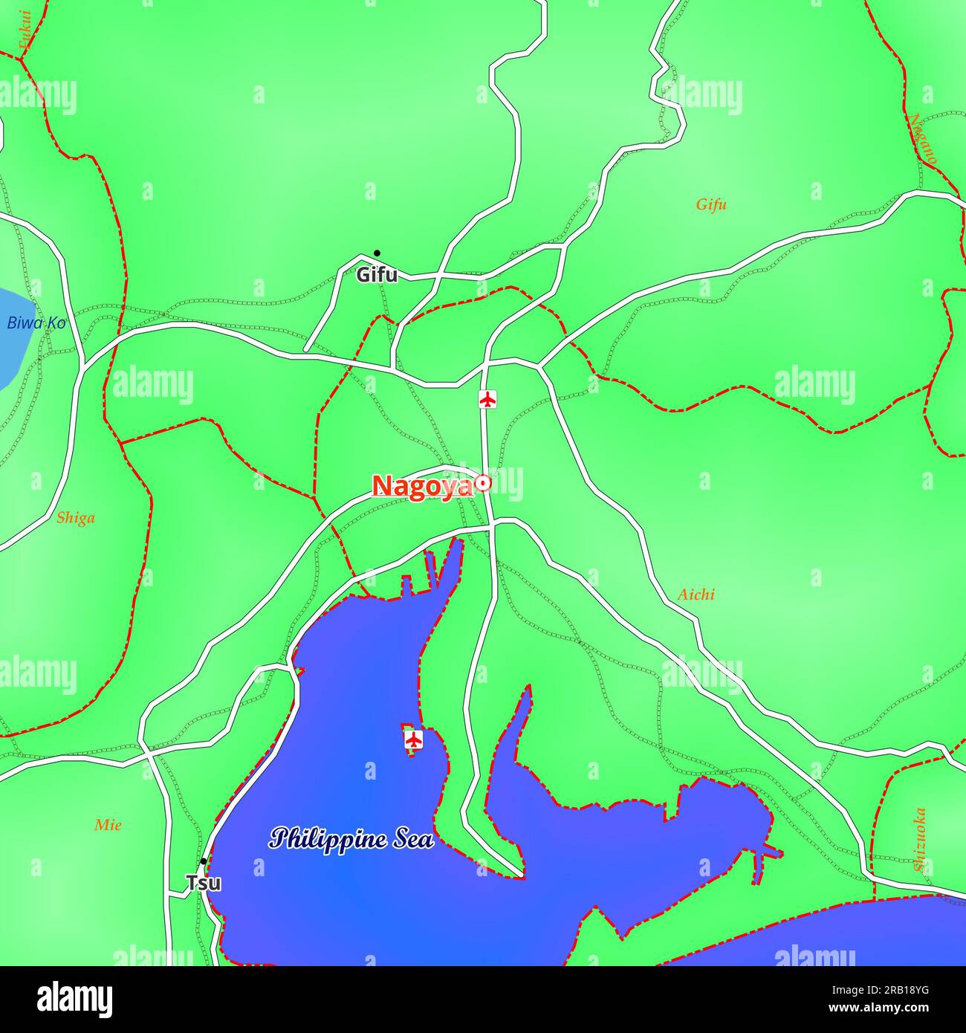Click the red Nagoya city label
421,486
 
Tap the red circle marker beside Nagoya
483,484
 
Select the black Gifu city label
377,275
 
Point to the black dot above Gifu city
377,253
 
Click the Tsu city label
203,884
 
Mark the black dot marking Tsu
203,862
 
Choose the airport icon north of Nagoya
487,399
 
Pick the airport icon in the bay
413,739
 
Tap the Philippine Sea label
351,839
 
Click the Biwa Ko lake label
36,323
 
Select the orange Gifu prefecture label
711,204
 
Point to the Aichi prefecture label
696,595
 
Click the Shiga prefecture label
76,518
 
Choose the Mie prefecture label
108,825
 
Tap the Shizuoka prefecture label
920,839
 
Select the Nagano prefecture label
924,139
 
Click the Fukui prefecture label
26,30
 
